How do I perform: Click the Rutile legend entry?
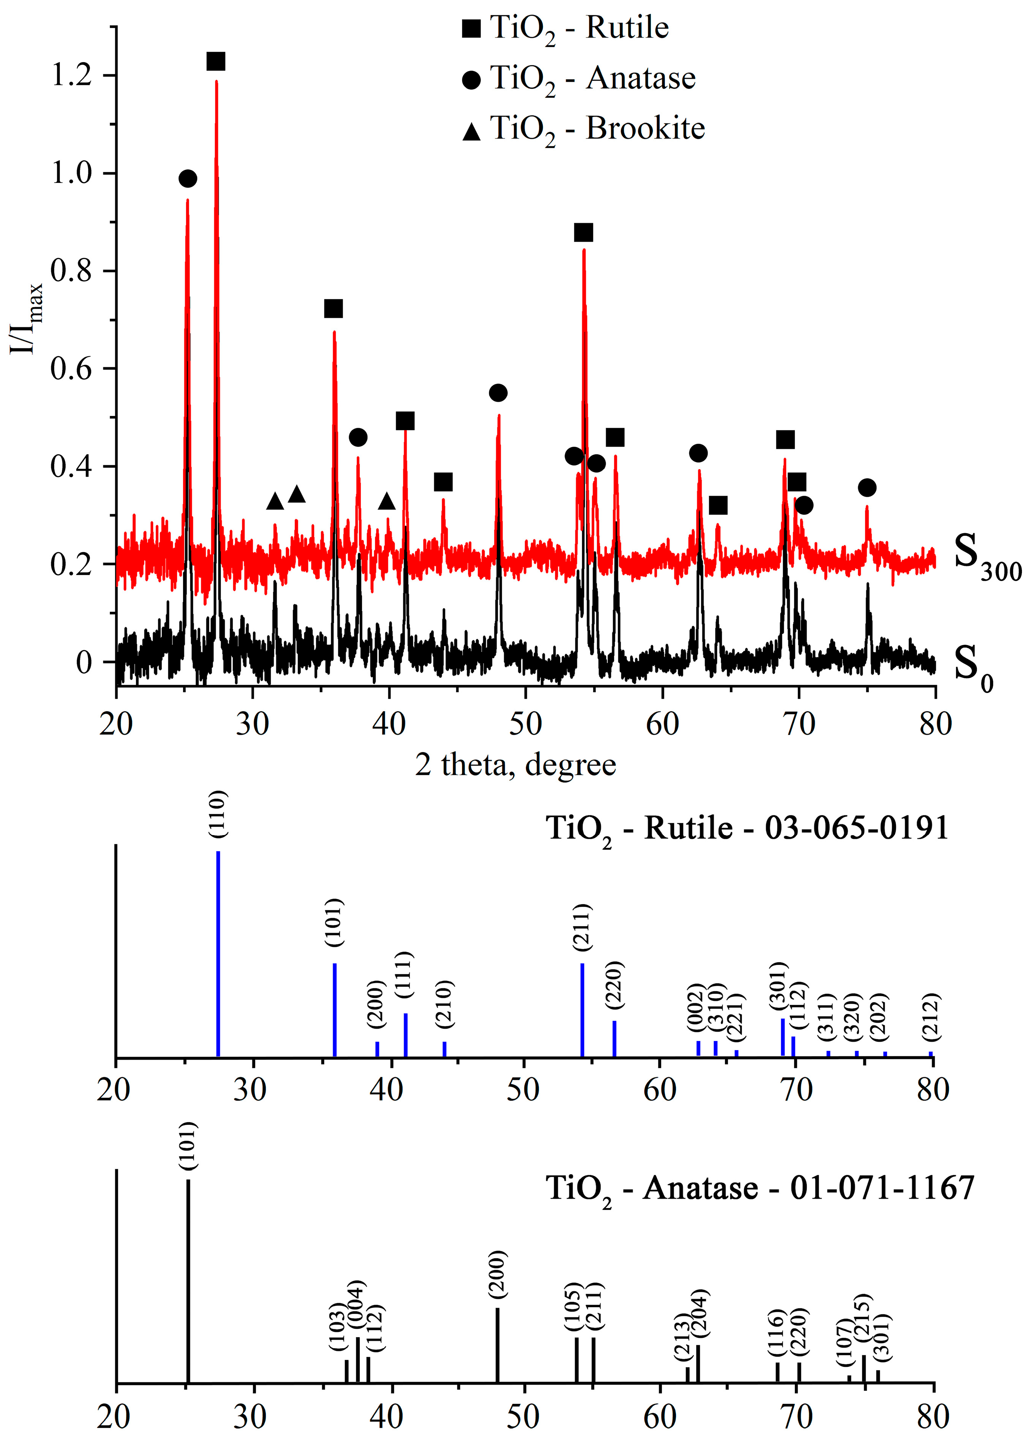click(565, 28)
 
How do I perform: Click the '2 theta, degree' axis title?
click(515, 765)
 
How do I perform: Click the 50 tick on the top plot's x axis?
click(525, 724)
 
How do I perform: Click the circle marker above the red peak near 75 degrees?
click(867, 488)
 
